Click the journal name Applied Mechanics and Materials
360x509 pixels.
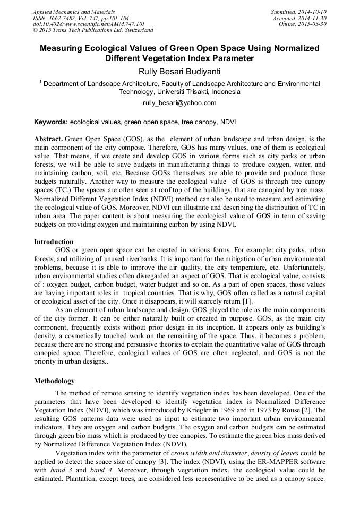(x=74, y=12)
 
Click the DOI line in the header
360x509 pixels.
(x=89, y=24)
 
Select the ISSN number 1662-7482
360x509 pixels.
(x=66, y=18)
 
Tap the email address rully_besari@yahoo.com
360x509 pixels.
(x=179, y=103)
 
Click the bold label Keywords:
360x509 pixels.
(x=51, y=122)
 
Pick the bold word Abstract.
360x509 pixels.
(x=48, y=139)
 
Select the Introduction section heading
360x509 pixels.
(x=54, y=241)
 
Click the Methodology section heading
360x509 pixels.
(x=54, y=381)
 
